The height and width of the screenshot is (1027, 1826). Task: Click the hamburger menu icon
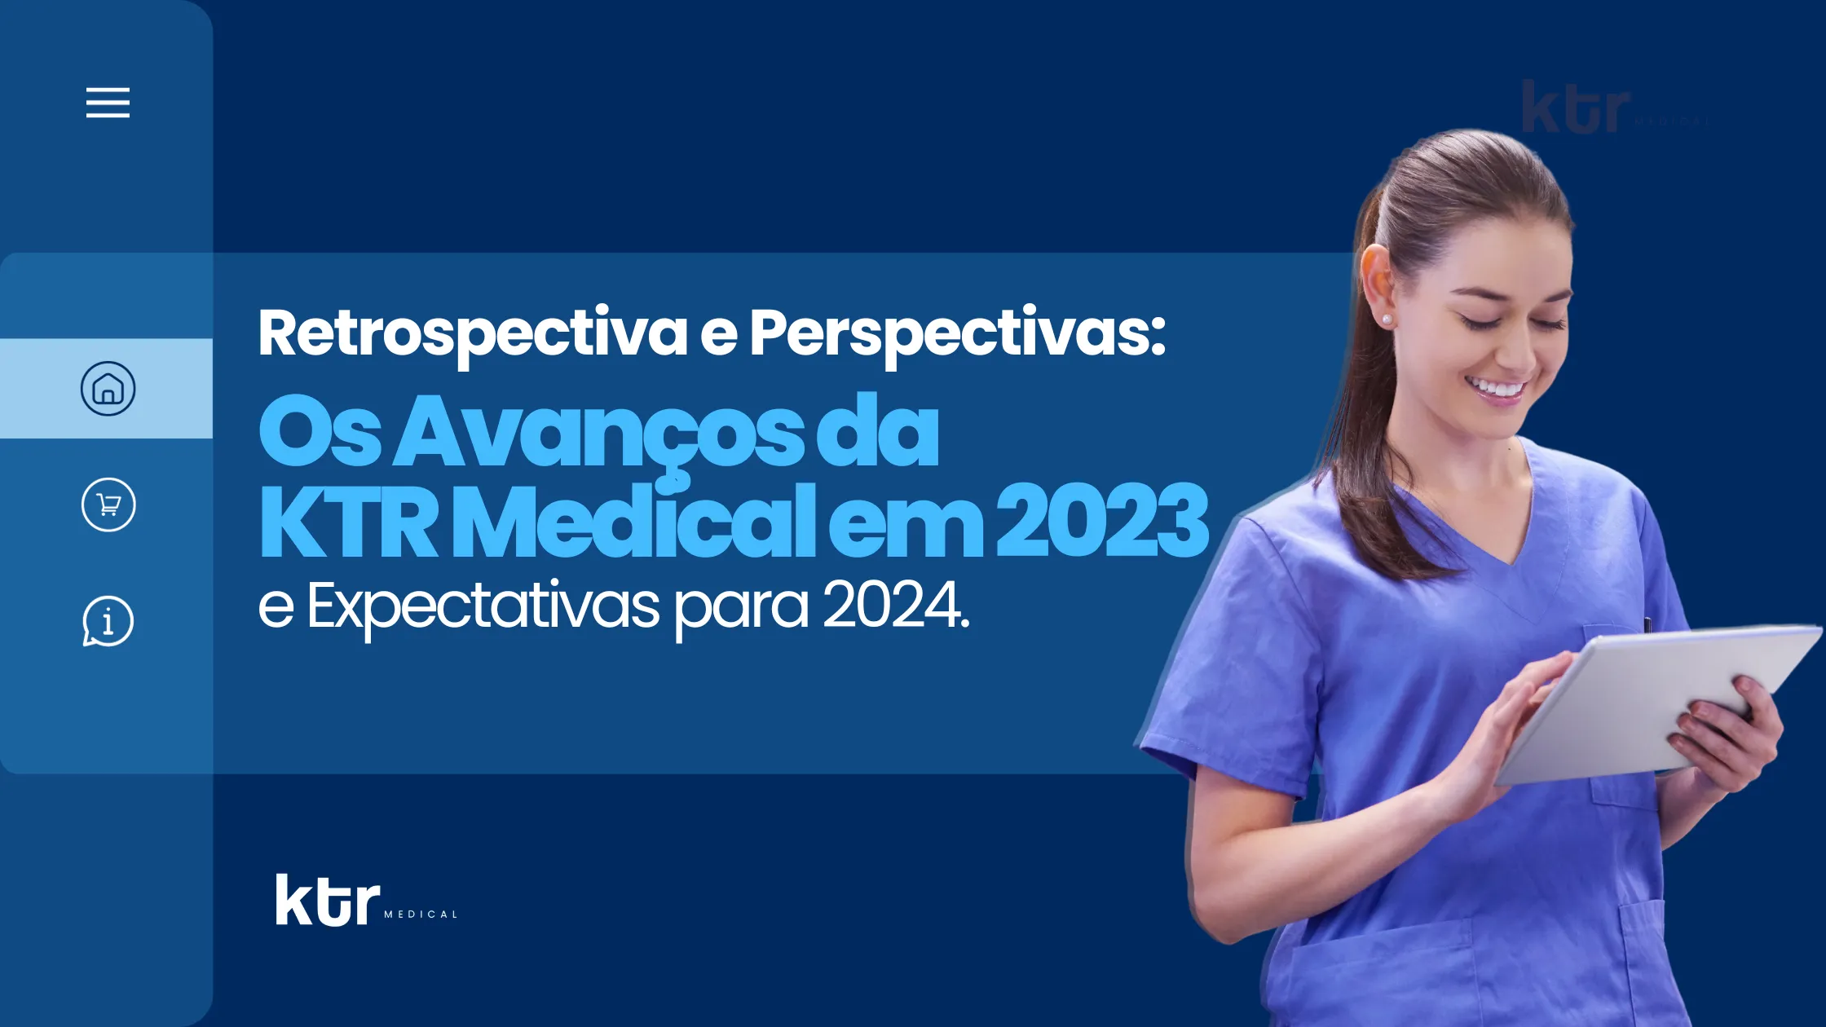(x=108, y=103)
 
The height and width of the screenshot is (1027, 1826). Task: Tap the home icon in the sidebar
(x=108, y=388)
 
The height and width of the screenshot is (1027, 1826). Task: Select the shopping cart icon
(x=108, y=505)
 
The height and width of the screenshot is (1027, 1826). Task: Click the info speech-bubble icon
(x=108, y=621)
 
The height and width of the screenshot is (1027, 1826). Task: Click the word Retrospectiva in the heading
(x=473, y=334)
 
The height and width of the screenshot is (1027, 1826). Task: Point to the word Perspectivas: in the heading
(x=958, y=334)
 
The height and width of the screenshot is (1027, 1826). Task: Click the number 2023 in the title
(x=1102, y=520)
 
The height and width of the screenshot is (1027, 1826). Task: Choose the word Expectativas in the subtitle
(x=483, y=607)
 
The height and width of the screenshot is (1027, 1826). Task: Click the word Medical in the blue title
(x=639, y=520)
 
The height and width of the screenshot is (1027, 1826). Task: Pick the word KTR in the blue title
(x=349, y=520)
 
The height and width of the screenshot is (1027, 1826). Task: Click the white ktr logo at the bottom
(x=328, y=900)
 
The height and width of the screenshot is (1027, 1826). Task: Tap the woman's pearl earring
(x=1387, y=319)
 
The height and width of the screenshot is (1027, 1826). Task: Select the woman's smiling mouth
(x=1497, y=389)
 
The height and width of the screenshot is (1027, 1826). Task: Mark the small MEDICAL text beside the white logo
(x=421, y=915)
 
